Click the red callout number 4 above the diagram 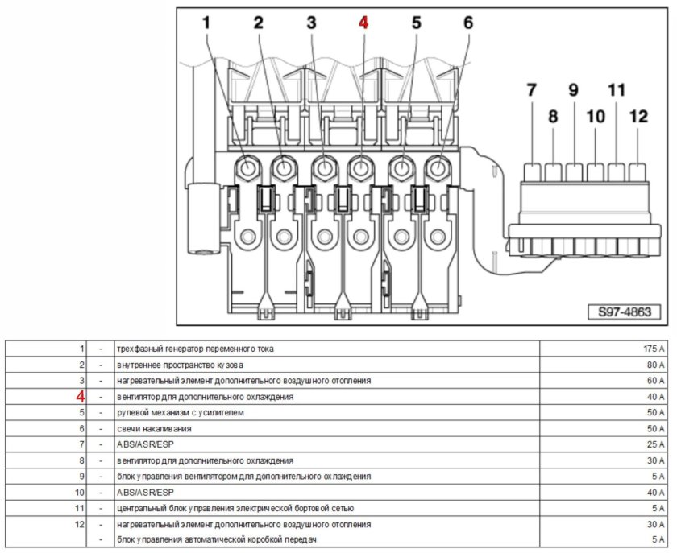[x=363, y=23]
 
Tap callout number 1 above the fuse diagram [x=206, y=23]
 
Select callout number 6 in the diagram [x=468, y=23]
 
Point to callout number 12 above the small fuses [x=638, y=117]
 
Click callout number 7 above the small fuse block [x=531, y=91]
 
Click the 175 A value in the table [x=653, y=349]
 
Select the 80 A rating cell [x=655, y=365]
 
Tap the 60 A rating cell [x=655, y=381]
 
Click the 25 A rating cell [x=655, y=444]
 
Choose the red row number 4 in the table [x=80, y=397]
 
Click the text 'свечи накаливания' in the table [x=153, y=428]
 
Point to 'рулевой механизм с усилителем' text [x=178, y=413]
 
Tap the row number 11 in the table [x=80, y=508]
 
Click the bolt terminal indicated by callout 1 [x=246, y=169]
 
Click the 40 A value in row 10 [x=655, y=492]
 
